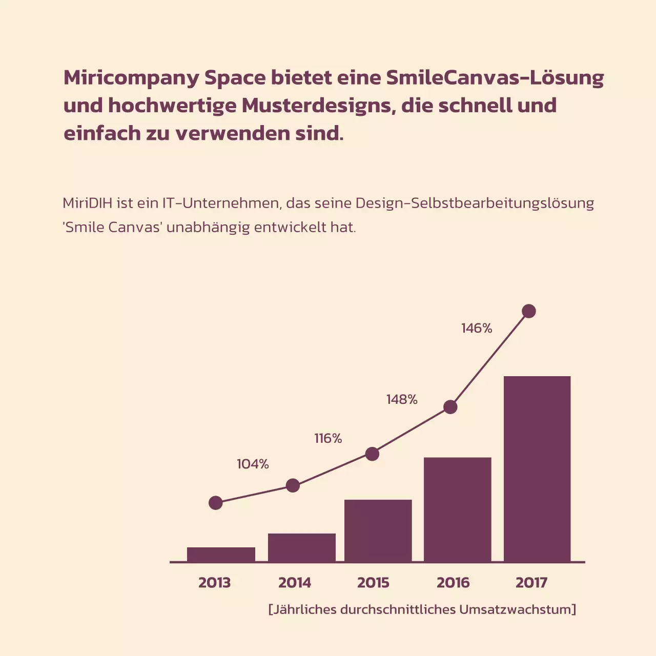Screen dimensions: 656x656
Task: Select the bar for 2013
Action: coord(221,555)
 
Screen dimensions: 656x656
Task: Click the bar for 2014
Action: coord(302,547)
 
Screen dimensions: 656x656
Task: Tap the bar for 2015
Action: coord(378,530)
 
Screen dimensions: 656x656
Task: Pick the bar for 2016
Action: coord(458,509)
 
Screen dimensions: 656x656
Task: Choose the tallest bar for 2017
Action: coord(537,469)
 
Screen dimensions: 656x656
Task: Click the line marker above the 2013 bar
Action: coord(216,503)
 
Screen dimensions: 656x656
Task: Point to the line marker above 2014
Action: coord(293,485)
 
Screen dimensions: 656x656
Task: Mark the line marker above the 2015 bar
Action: coord(372,454)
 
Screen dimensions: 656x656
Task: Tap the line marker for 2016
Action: coord(450,407)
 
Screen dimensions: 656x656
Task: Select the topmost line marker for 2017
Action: coord(529,311)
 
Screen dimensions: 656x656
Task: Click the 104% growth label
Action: coord(253,464)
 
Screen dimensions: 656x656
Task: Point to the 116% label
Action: coord(328,438)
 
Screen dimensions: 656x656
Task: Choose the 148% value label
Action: coord(402,399)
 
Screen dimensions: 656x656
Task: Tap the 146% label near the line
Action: coord(477,328)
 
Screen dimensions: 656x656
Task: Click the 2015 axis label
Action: coord(373,583)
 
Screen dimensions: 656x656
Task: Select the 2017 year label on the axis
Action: coord(531,583)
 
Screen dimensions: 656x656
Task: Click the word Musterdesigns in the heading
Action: coord(318,106)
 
